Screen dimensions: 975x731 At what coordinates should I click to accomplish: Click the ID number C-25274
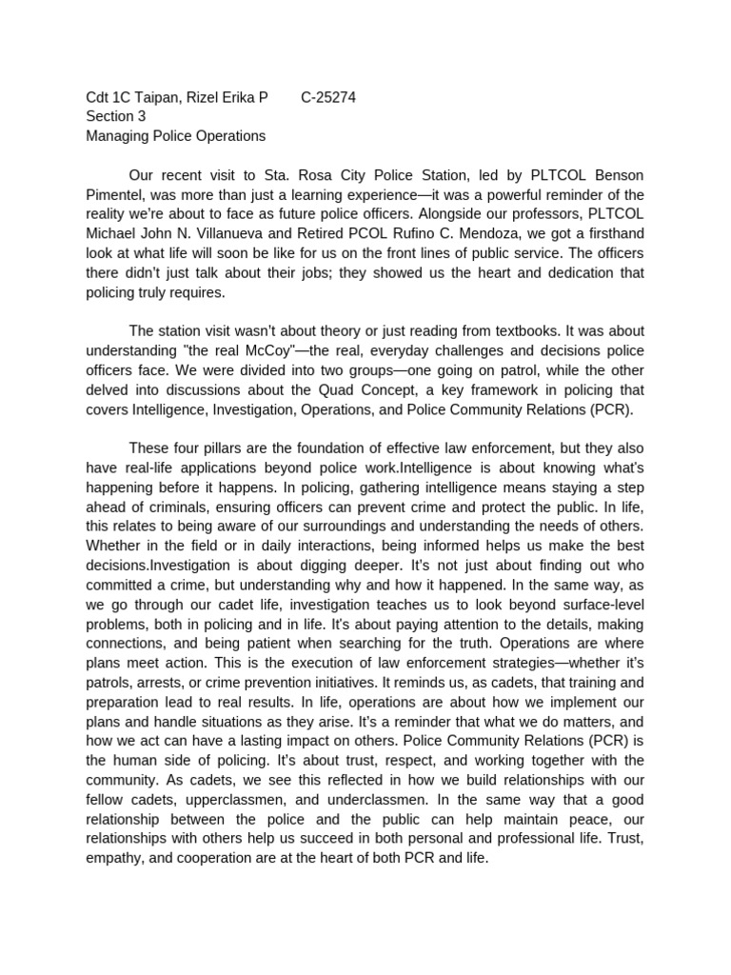tap(328, 96)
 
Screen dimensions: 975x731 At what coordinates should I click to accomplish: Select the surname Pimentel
tap(117, 195)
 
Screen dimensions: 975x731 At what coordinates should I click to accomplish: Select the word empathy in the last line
tap(118, 857)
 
